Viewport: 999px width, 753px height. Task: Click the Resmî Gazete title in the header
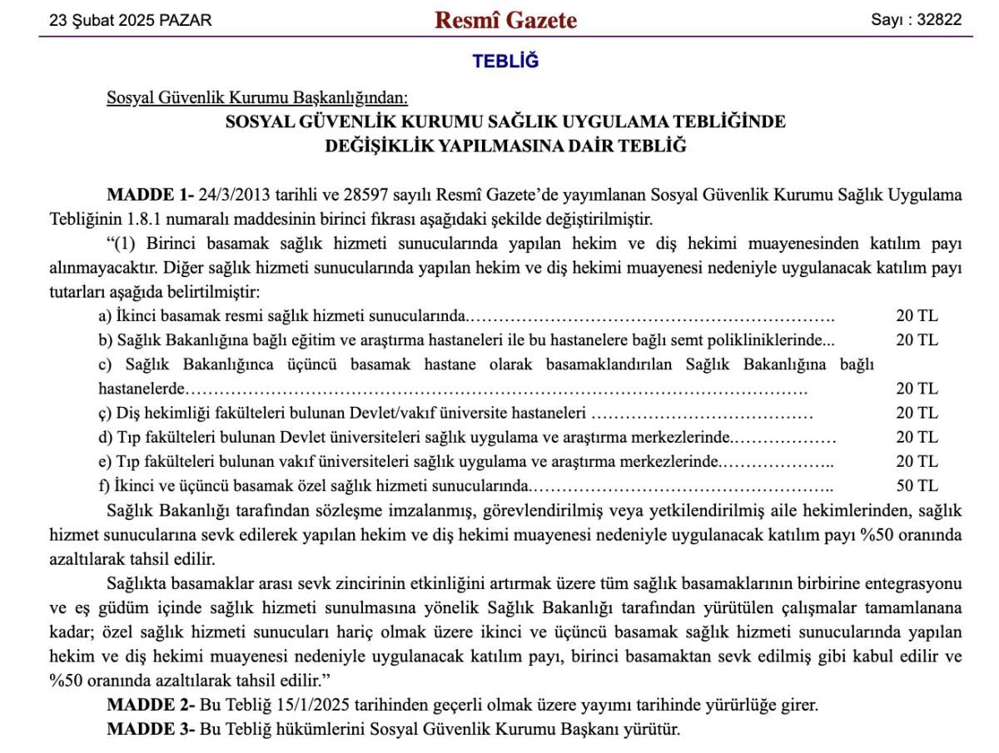coord(505,20)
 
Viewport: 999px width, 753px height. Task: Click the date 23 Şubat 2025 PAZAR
coord(131,21)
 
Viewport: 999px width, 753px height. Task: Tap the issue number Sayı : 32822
coord(916,21)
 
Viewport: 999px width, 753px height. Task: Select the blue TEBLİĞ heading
coord(505,62)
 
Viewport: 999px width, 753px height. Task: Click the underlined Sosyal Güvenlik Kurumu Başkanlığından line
coord(257,98)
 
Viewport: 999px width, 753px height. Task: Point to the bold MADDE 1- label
coord(150,196)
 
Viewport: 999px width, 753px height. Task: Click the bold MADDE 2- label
coord(151,705)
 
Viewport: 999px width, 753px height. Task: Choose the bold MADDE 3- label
coord(151,730)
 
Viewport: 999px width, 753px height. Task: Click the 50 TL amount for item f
coord(917,485)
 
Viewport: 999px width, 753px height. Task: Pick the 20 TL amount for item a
coord(917,315)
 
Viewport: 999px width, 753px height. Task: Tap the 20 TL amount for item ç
coord(917,413)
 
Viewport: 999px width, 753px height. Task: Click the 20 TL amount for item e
coord(917,461)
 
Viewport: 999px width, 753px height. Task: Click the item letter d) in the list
coord(105,437)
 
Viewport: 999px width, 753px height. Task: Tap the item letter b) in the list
coord(105,339)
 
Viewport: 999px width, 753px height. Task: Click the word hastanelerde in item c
coord(140,389)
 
